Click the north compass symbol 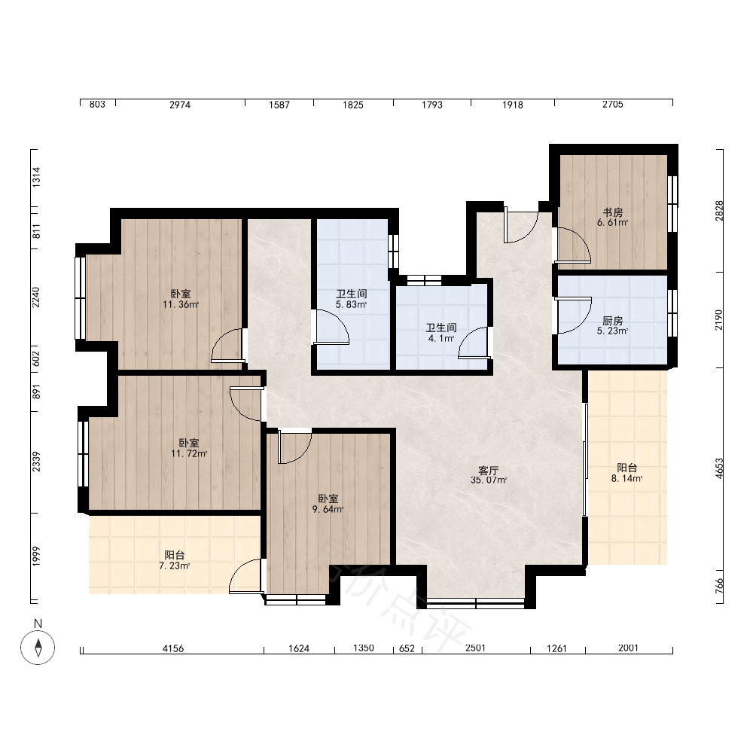[x=38, y=647]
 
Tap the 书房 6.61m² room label [x=613, y=217]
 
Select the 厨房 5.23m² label [x=613, y=325]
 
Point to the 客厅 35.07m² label [x=489, y=475]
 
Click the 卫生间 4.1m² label [x=441, y=333]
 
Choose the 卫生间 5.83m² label [x=351, y=299]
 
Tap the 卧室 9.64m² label [x=328, y=504]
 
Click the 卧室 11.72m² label [x=189, y=448]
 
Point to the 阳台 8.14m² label [x=626, y=473]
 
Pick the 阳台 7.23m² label [x=175, y=560]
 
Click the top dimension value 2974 [x=180, y=105]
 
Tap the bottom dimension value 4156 [x=173, y=649]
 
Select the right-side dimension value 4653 [x=719, y=468]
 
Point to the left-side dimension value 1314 [x=36, y=177]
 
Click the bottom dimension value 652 [x=407, y=649]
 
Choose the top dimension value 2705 [x=613, y=104]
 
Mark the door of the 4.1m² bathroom [x=474, y=343]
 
